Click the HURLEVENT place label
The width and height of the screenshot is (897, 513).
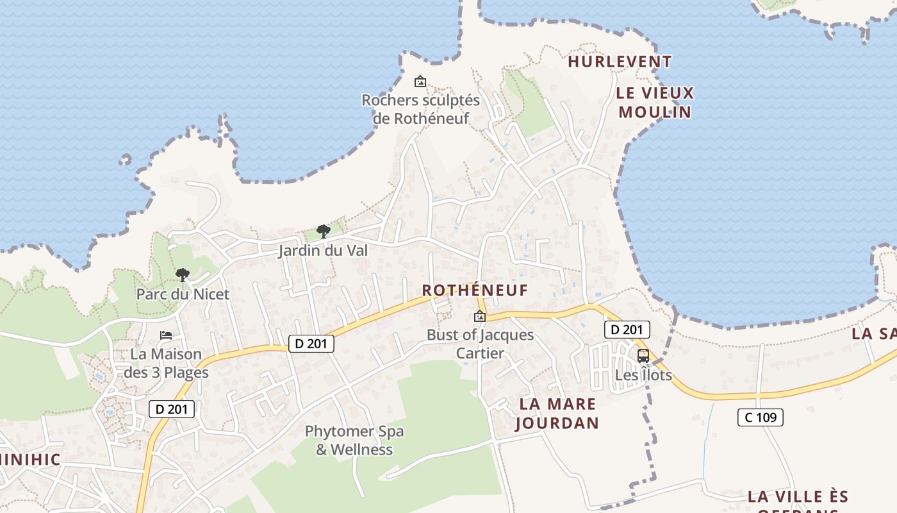click(x=620, y=62)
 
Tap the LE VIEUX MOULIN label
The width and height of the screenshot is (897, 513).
click(x=655, y=103)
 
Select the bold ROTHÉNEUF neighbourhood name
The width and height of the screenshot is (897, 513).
click(x=475, y=290)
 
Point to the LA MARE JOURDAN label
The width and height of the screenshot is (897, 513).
click(x=557, y=414)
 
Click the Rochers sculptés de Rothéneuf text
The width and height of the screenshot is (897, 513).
click(x=420, y=109)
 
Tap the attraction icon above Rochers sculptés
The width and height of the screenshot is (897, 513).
click(x=420, y=81)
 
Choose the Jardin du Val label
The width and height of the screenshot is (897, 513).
click(x=323, y=251)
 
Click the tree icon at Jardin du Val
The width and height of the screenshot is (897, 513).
click(x=324, y=231)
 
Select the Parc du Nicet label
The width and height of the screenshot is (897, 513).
click(x=183, y=294)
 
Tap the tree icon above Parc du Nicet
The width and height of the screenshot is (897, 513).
click(x=183, y=275)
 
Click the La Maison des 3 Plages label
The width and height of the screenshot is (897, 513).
click(x=166, y=363)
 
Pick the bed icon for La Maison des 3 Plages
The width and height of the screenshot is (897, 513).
click(x=166, y=335)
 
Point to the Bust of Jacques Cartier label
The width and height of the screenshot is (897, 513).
click(x=480, y=344)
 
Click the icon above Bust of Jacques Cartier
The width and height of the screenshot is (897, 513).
click(x=480, y=316)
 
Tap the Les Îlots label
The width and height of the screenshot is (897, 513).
click(x=643, y=374)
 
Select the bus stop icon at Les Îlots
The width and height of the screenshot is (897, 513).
click(x=643, y=355)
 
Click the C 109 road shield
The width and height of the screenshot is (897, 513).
click(x=761, y=417)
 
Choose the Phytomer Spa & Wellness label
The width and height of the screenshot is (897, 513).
click(x=354, y=440)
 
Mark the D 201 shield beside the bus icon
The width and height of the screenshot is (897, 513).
click(x=627, y=330)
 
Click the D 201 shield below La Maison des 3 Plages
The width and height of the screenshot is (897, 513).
click(x=172, y=408)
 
